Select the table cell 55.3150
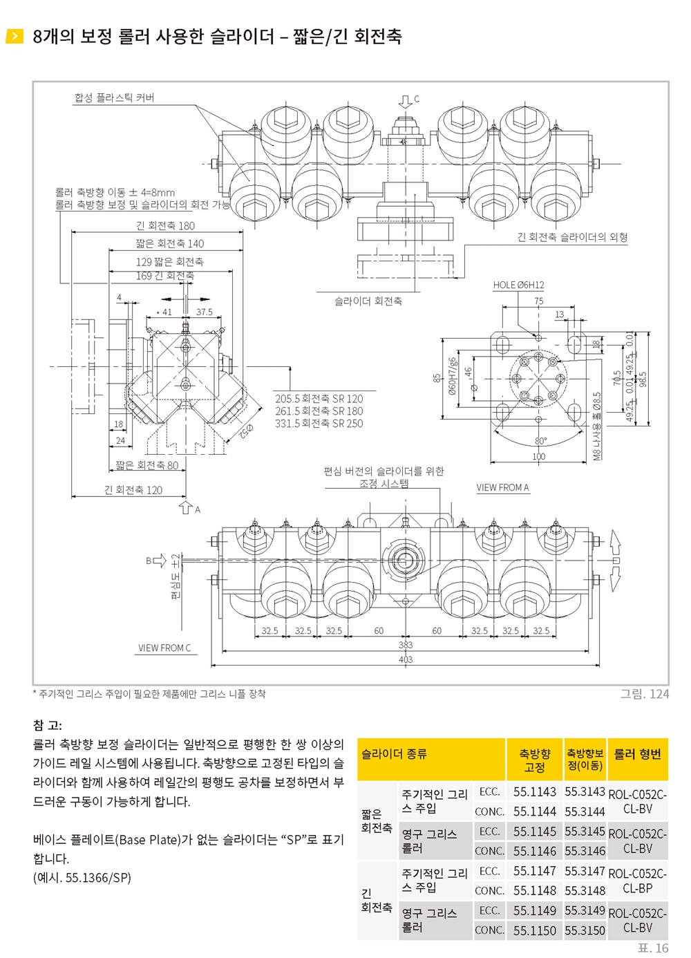click(585, 930)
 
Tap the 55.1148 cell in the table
click(535, 890)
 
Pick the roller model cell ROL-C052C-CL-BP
click(637, 881)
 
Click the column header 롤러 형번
click(637, 754)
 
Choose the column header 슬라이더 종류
click(394, 753)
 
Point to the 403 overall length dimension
click(406, 659)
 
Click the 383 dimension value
click(406, 645)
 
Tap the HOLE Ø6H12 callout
click(518, 285)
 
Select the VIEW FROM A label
click(502, 487)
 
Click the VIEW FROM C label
click(164, 648)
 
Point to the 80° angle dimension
click(540, 441)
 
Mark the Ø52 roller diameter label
click(246, 431)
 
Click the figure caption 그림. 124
click(645, 694)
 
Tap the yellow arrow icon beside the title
click(14, 36)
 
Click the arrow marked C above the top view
click(404, 102)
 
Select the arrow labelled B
click(159, 561)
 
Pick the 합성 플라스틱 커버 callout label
click(114, 98)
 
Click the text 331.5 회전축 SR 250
click(319, 424)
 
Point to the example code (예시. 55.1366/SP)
click(82, 878)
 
